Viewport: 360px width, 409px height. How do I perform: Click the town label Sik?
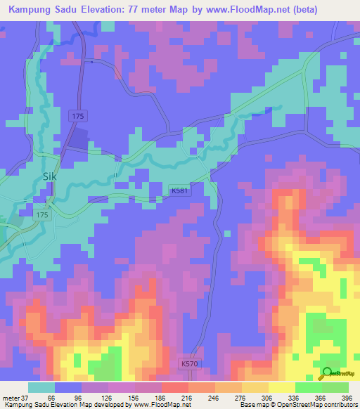[x=49, y=177]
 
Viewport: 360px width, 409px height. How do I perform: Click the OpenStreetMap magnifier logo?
[x=328, y=373]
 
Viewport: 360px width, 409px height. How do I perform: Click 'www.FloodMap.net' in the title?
[x=233, y=10]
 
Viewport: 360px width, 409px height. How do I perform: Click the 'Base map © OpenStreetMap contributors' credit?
[x=297, y=405]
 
